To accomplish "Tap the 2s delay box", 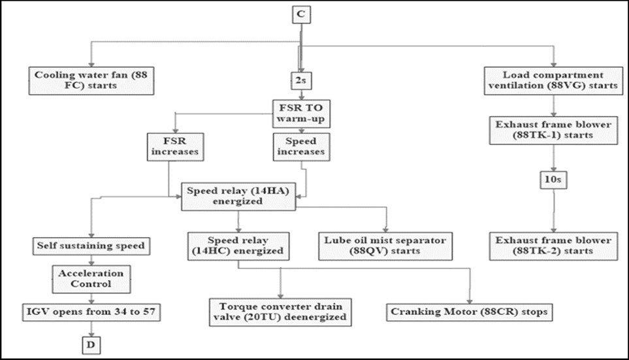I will [x=300, y=80].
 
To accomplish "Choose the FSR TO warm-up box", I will [x=300, y=112].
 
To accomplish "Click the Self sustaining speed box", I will [x=91, y=246].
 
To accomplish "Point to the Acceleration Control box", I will [x=91, y=279].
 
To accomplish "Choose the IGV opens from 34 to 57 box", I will [x=91, y=310].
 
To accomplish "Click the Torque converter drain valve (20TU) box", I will [x=281, y=311].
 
